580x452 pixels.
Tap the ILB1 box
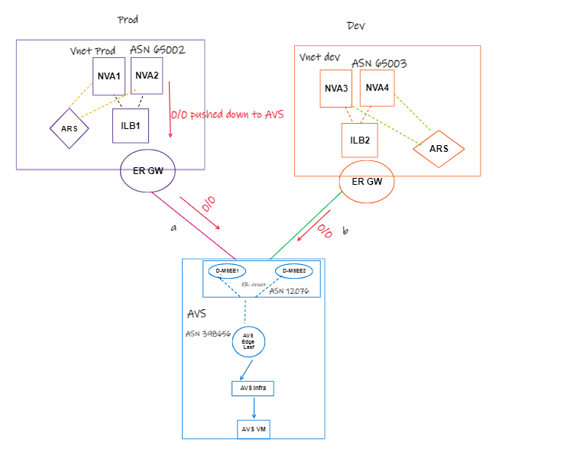[x=130, y=125]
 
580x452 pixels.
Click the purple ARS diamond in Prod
[x=70, y=128]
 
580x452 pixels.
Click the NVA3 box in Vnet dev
[x=336, y=89]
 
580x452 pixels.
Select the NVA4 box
[x=377, y=89]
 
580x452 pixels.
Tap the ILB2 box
[x=360, y=140]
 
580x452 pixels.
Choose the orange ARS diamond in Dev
[x=439, y=148]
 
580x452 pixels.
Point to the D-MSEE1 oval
[x=227, y=271]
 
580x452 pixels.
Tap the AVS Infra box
[x=252, y=389]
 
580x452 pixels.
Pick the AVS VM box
[x=252, y=430]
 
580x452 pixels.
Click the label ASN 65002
[x=157, y=50]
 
